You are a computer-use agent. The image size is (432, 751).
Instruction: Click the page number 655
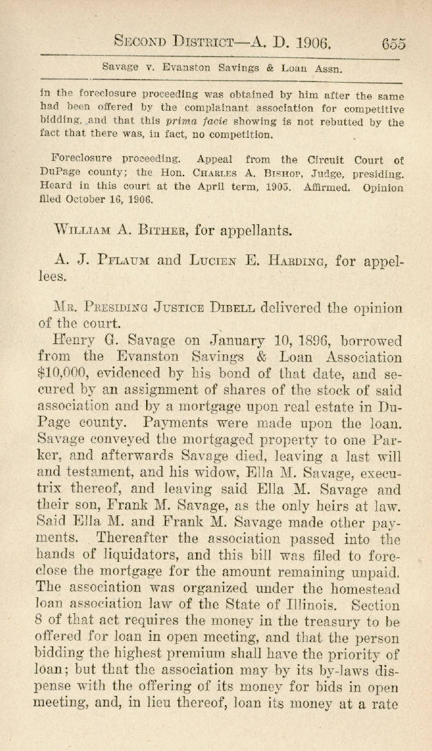393,43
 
